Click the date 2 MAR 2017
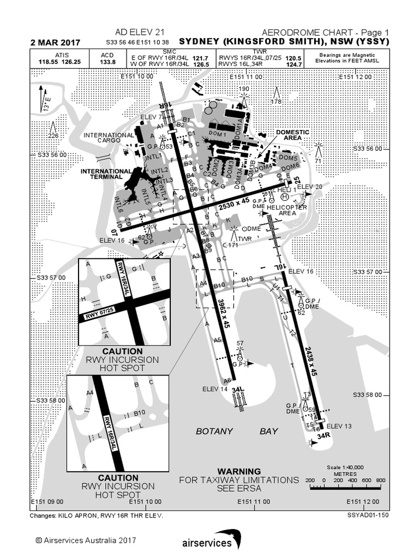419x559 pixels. click(x=56, y=43)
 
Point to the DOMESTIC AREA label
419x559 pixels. click(x=292, y=135)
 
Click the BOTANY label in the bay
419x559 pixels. click(x=214, y=431)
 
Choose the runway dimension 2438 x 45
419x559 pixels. click(x=311, y=362)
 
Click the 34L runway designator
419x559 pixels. click(x=237, y=391)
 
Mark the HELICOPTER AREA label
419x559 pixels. click(x=287, y=210)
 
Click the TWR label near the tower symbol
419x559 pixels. click(x=245, y=239)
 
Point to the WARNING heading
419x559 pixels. click(x=239, y=471)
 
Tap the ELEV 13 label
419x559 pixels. click(x=339, y=426)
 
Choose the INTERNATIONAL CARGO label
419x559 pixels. click(x=109, y=138)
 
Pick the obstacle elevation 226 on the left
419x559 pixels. click(x=53, y=136)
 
